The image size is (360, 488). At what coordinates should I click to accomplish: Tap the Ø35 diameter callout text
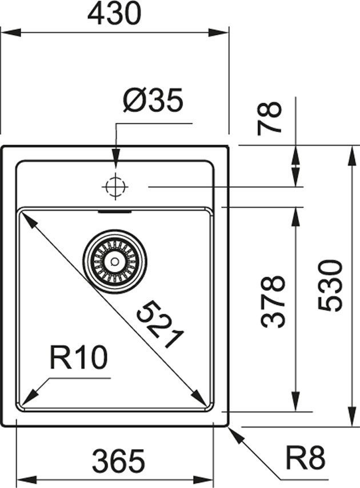153,101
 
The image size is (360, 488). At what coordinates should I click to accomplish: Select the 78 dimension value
270,118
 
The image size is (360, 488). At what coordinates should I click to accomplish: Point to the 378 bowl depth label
273,301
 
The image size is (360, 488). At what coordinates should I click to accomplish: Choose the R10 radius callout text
78,359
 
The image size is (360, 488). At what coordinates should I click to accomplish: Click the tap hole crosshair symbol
115,186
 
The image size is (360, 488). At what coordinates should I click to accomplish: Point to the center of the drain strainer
115,261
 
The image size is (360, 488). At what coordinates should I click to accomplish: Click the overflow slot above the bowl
115,211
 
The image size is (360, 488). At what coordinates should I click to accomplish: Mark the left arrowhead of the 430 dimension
7,32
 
